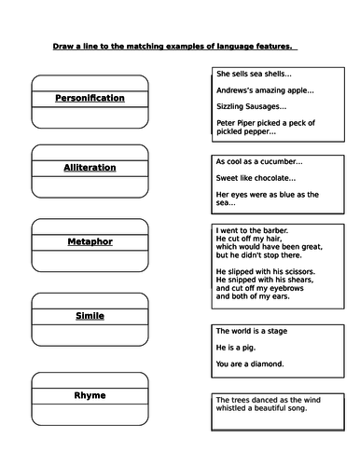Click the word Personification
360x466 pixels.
click(x=90, y=98)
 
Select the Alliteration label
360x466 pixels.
click(x=90, y=168)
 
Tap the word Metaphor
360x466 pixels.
click(x=90, y=241)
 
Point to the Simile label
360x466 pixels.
click(x=90, y=316)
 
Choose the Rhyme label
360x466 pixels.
click(x=90, y=395)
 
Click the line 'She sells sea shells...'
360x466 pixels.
click(x=253, y=73)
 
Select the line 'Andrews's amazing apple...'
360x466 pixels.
click(x=265, y=90)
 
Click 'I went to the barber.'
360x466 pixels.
click(x=251, y=230)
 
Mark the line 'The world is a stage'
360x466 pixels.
click(x=252, y=331)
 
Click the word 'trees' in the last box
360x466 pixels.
click(x=239, y=400)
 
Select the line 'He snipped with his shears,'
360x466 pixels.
click(x=264, y=280)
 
